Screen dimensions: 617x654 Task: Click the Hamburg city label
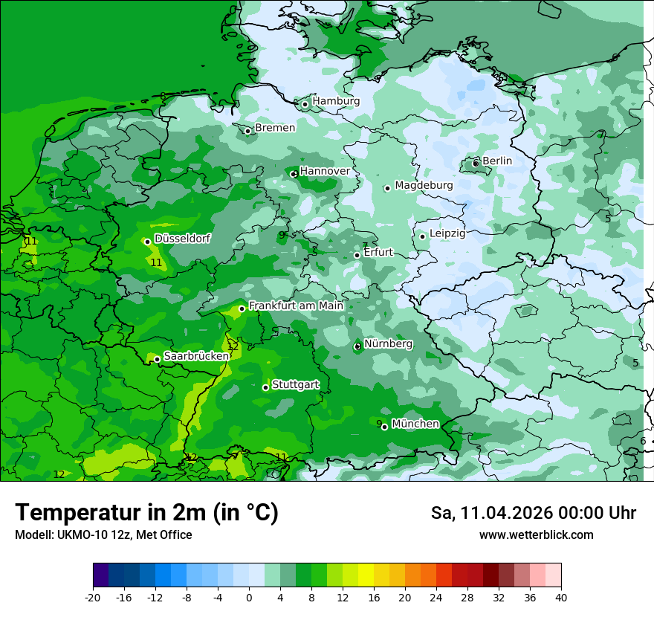336,101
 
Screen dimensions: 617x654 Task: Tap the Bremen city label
275,128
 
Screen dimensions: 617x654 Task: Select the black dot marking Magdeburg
387,188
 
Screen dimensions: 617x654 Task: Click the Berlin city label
497,161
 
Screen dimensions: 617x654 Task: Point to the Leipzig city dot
422,236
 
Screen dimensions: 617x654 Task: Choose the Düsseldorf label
182,239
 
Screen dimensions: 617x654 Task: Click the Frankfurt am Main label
296,306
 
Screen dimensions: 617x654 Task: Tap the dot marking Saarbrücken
157,359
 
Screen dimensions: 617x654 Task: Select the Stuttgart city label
296,385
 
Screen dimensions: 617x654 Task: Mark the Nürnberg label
388,343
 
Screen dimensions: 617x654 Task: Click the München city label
415,424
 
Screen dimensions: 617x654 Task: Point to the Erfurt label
378,252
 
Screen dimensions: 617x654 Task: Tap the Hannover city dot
294,174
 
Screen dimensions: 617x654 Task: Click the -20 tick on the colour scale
93,597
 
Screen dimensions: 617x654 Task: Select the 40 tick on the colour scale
560,597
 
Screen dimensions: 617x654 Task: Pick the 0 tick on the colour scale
249,597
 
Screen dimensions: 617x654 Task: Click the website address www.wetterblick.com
536,535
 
